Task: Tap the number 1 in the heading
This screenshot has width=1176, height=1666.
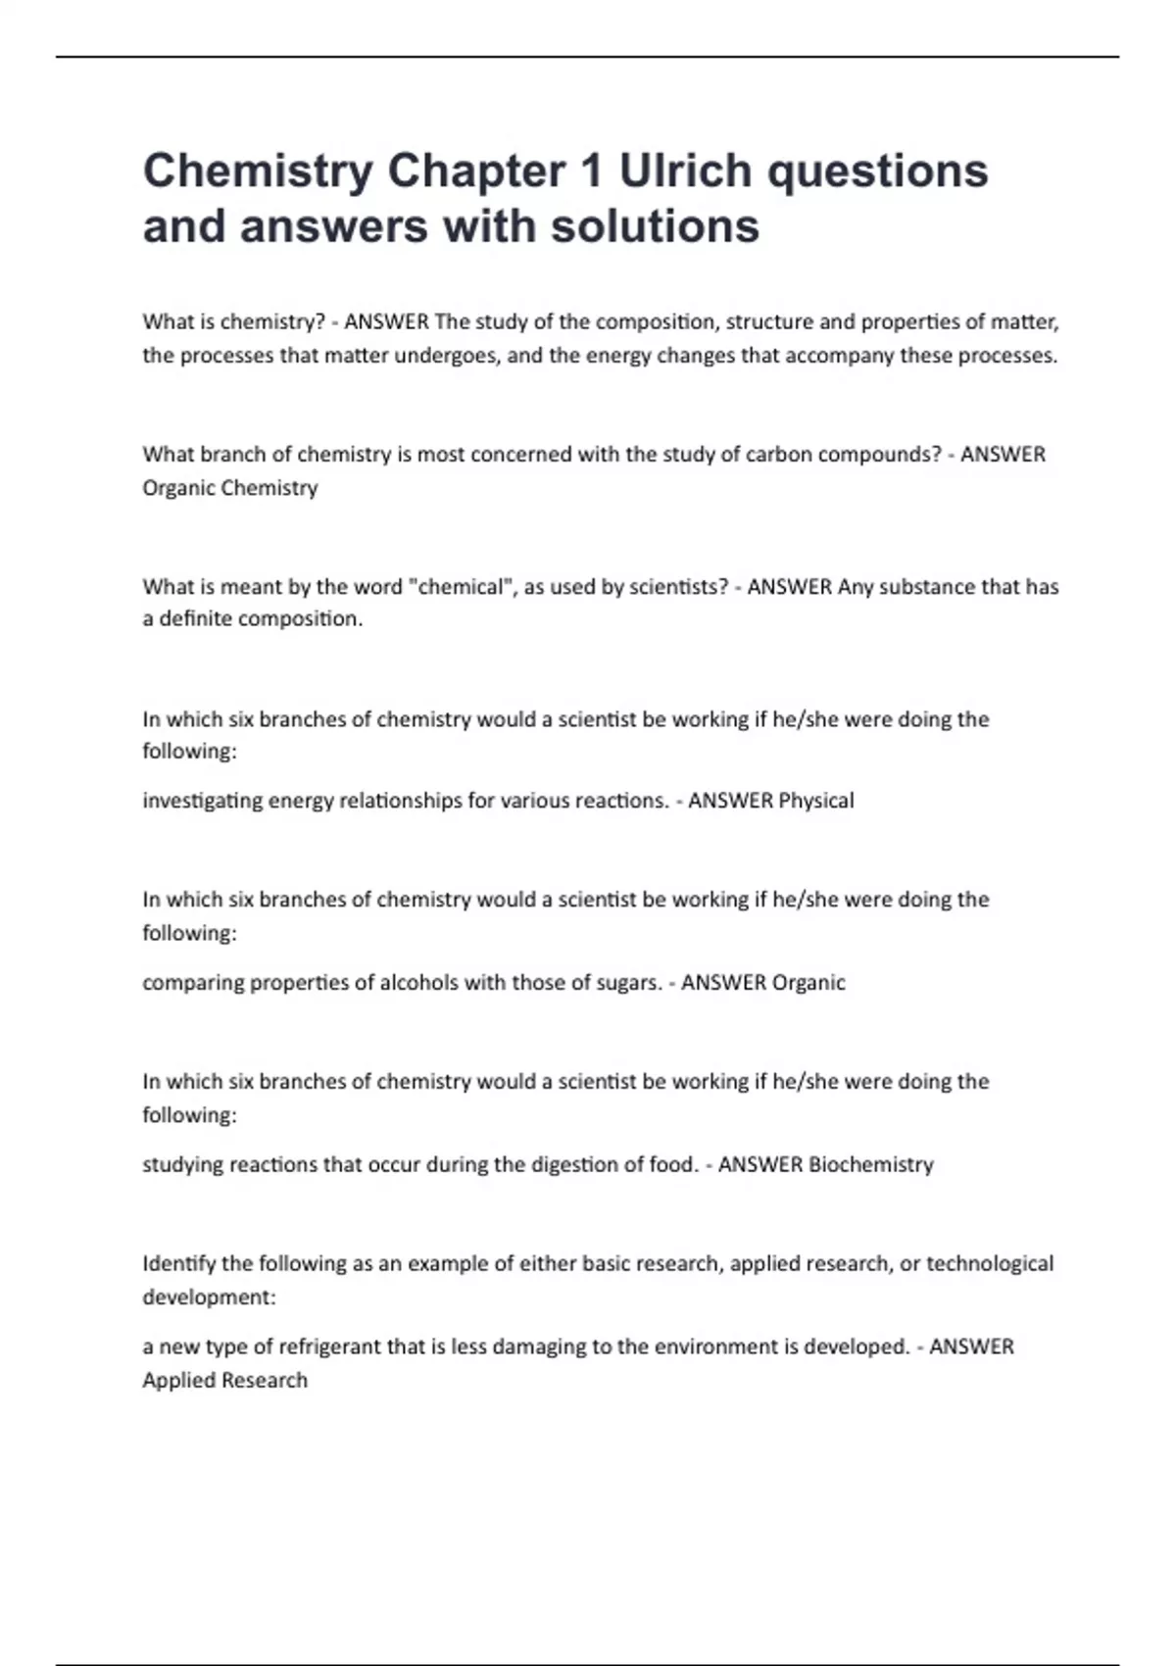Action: click(x=591, y=171)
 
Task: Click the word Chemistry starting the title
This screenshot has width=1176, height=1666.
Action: click(x=258, y=172)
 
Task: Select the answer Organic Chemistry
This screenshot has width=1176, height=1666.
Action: click(x=230, y=488)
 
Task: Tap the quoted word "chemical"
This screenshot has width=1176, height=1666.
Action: click(x=460, y=587)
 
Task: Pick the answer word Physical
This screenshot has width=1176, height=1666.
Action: click(x=815, y=801)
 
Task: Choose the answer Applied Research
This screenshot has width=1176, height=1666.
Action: click(x=225, y=1381)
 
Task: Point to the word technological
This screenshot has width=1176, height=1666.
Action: click(x=990, y=1264)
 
